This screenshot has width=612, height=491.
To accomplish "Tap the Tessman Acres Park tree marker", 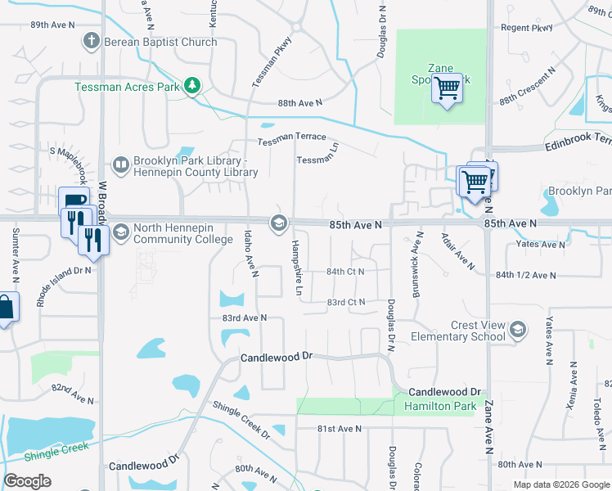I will pyautogui.click(x=192, y=85).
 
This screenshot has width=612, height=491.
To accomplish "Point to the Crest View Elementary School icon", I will pyautogui.click(x=516, y=330).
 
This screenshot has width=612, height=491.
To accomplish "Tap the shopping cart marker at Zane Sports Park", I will pyautogui.click(x=448, y=88).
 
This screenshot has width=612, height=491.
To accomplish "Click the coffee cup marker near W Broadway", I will pyautogui.click(x=74, y=200).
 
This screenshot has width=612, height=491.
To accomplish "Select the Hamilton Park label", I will pyautogui.click(x=429, y=407).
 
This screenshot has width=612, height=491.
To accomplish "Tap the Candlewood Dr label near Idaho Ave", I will pyautogui.click(x=277, y=358).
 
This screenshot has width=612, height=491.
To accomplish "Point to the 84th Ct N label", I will pyautogui.click(x=345, y=271).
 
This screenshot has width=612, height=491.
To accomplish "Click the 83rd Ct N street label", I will pyautogui.click(x=345, y=302).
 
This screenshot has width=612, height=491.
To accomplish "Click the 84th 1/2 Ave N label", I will pyautogui.click(x=528, y=275).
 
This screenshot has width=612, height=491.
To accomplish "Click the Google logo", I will pyautogui.click(x=27, y=481).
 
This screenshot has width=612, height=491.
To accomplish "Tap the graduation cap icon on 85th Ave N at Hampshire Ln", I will pyautogui.click(x=278, y=223).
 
